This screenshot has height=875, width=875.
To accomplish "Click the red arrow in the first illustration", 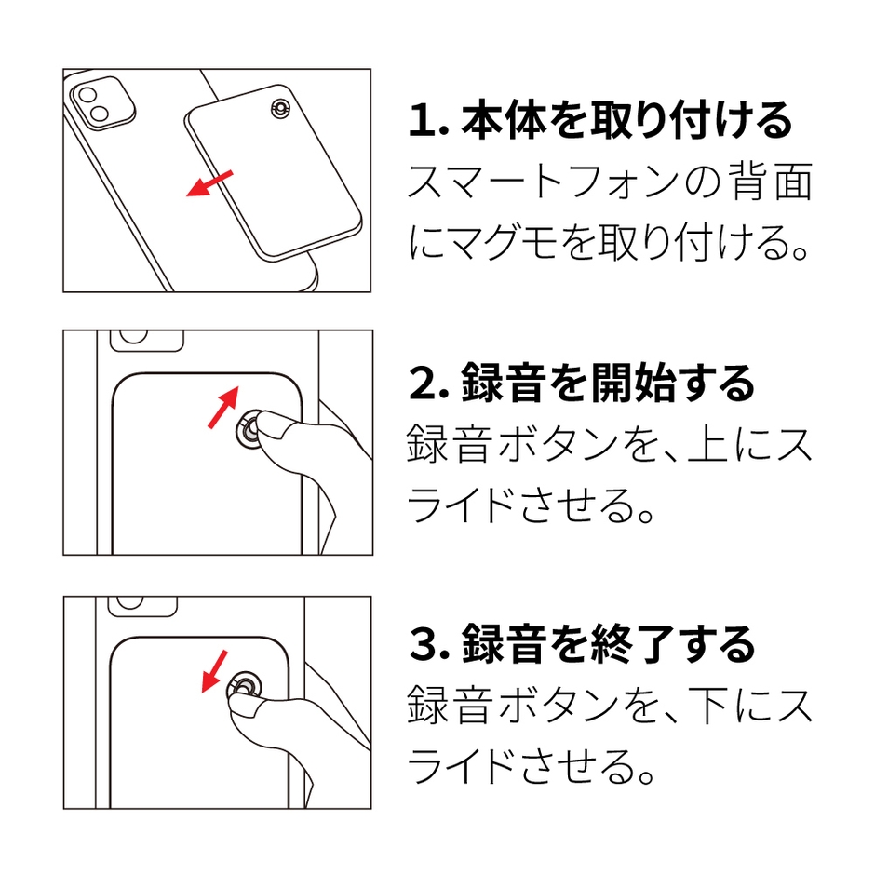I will point(209,184).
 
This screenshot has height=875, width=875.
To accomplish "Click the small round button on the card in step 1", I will point(278,109).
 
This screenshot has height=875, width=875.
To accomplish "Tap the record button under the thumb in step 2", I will point(249,433).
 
